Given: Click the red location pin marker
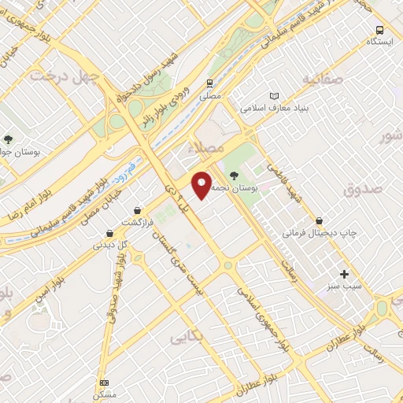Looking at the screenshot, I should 202,183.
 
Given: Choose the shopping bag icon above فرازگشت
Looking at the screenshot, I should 139,210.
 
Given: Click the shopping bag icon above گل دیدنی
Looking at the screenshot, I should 110,233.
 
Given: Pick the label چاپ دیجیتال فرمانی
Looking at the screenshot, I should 320,234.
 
